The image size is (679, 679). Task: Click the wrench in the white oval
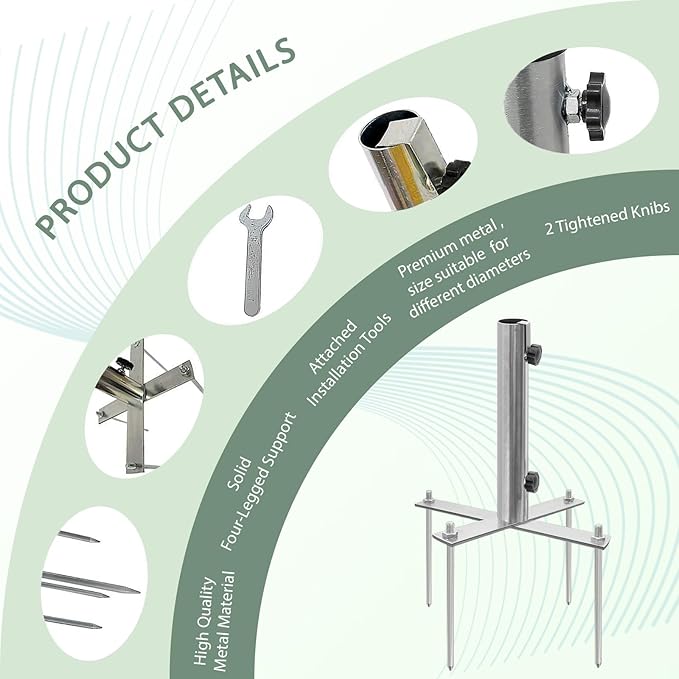point(255,259)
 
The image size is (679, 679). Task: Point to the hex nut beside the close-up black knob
point(570,106)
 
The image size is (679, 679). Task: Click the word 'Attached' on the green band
point(333,346)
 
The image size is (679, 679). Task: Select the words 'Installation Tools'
point(349,360)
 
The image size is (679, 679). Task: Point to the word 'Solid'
point(239,473)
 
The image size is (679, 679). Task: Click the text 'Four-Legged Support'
point(259,482)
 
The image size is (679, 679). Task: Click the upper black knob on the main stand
point(534,353)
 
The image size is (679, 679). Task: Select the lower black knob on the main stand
point(531,481)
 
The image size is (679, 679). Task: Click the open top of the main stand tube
point(511,323)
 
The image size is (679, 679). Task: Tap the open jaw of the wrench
point(256,213)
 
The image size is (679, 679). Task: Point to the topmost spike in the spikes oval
point(79,537)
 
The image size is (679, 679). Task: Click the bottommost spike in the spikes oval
point(73,622)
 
